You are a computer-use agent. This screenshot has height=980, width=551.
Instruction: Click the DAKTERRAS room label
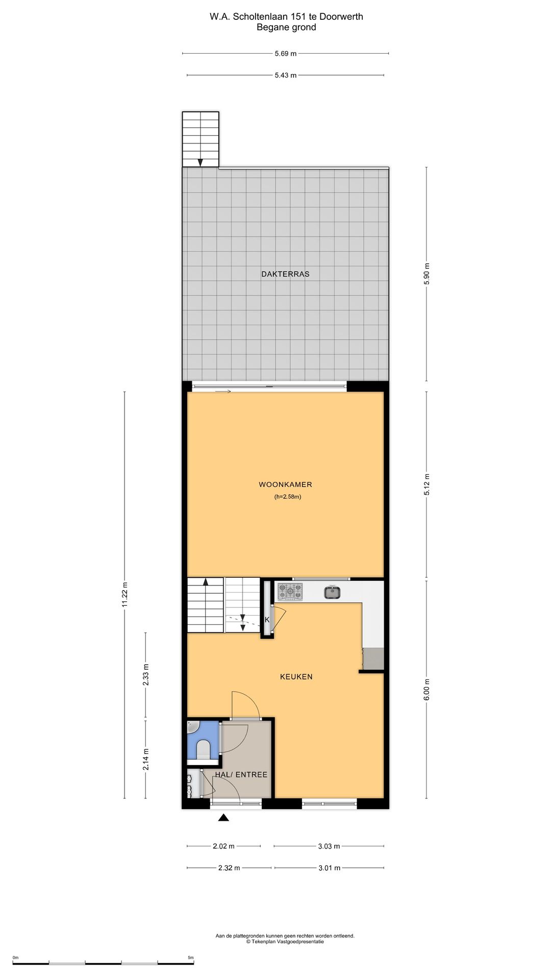285,274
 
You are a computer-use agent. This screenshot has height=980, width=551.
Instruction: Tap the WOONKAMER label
285,485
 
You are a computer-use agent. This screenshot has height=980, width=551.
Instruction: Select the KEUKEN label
296,677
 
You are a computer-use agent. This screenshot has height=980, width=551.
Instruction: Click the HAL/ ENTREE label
241,774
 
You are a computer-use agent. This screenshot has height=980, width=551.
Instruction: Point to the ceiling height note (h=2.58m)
288,497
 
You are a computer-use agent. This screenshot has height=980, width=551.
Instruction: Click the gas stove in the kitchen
290,592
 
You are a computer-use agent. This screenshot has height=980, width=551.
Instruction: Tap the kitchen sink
333,592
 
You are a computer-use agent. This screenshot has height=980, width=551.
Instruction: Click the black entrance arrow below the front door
223,818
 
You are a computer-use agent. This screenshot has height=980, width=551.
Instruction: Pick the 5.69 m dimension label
286,53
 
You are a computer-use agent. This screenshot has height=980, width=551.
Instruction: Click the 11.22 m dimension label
124,595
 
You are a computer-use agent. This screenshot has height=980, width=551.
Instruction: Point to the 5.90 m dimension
427,274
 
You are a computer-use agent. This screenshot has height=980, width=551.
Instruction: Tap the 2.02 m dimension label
223,846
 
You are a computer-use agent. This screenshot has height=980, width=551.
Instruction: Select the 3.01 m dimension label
330,868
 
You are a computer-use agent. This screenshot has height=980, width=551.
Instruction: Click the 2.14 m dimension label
146,759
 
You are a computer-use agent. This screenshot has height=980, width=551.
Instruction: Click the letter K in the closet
267,620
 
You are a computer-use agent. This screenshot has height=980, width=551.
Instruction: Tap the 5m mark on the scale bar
191,958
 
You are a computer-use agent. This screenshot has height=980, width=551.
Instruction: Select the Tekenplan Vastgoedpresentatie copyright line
285,942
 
